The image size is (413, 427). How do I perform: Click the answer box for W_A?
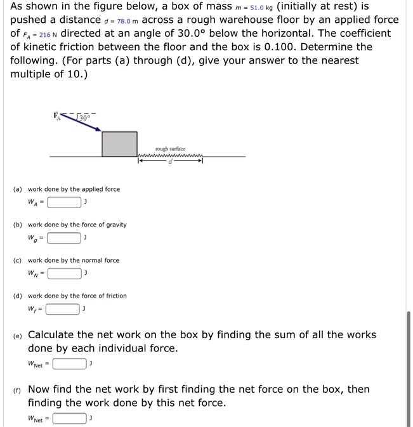pyautogui.click(x=64, y=202)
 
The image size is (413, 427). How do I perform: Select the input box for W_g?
pyautogui.click(x=64, y=239)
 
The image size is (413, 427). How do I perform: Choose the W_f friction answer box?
pyautogui.click(x=63, y=310)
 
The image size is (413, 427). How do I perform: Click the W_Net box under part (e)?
pyautogui.click(x=70, y=364)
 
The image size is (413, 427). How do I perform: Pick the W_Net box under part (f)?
pyautogui.click(x=70, y=418)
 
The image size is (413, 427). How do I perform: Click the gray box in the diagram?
pyautogui.click(x=119, y=143)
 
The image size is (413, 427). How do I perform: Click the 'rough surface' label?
pyautogui.click(x=170, y=148)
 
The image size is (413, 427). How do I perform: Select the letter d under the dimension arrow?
pyautogui.click(x=169, y=162)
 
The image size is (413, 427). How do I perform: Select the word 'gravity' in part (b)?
pyautogui.click(x=114, y=225)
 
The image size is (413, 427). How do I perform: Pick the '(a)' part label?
pyautogui.click(x=18, y=189)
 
